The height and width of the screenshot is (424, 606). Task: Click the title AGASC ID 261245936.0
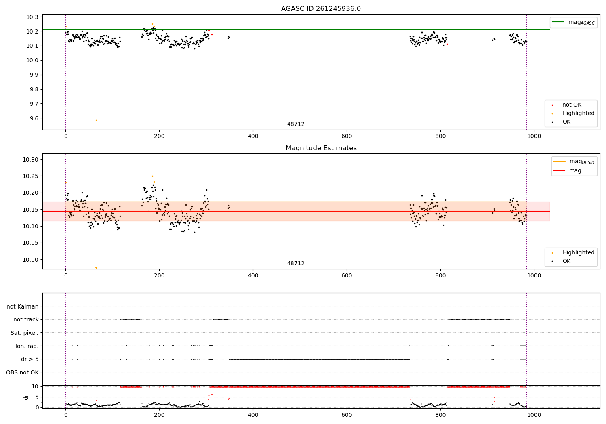pos(321,9)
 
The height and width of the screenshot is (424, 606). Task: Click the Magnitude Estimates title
pos(321,148)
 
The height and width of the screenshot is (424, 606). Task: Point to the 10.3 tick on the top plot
pos(34,17)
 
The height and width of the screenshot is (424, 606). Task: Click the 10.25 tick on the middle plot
pos(32,176)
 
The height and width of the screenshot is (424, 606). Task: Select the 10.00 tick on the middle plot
pos(32,260)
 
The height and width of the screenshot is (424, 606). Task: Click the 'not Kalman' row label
pos(23,306)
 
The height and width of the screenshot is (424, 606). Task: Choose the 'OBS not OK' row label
pos(22,372)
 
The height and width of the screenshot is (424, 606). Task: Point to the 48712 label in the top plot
pos(296,124)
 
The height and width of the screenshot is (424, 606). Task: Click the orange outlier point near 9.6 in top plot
pos(96,120)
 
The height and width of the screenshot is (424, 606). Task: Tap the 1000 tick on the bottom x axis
pos(534,414)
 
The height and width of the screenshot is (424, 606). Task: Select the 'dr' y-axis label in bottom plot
pos(26,397)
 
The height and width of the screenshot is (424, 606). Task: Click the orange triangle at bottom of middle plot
pos(96,268)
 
